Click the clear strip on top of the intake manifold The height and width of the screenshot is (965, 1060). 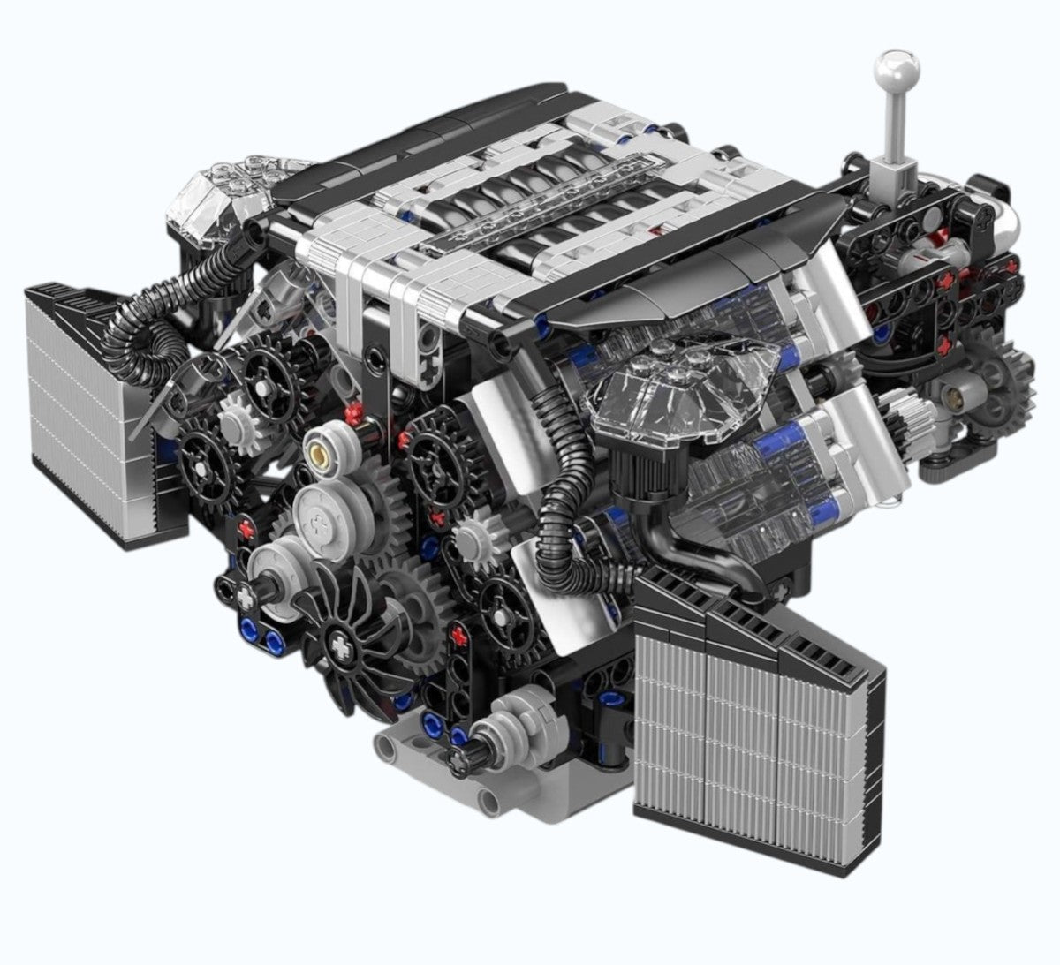[539, 207]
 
